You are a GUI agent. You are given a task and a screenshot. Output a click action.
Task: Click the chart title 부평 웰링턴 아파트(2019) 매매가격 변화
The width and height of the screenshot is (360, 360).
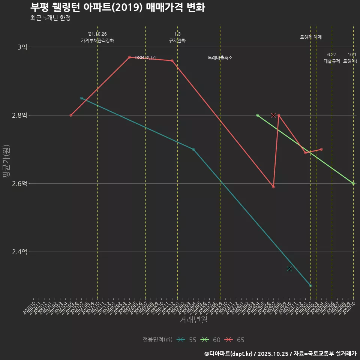(x=117, y=7)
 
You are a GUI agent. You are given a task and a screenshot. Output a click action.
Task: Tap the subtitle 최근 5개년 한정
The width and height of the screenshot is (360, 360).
(x=50, y=18)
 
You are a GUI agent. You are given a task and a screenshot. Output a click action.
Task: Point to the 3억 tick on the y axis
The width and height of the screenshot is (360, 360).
(x=22, y=47)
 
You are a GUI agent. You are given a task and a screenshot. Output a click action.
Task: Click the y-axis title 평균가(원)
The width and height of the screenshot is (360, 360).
(x=6, y=161)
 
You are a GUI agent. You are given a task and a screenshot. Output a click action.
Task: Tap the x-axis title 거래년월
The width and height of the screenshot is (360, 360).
(x=193, y=320)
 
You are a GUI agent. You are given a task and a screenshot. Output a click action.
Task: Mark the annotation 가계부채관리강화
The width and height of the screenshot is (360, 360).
(x=97, y=40)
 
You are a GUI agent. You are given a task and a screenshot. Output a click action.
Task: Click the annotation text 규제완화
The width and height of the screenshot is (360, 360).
(x=177, y=40)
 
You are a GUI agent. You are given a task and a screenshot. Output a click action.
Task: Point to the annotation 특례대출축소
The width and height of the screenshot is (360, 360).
(x=220, y=58)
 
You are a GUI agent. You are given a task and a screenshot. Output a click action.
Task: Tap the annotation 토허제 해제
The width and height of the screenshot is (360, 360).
(x=311, y=37)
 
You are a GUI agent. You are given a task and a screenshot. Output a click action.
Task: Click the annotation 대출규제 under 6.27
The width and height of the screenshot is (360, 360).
(x=332, y=61)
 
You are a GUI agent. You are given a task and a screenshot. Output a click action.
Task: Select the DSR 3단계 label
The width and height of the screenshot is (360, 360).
(x=145, y=58)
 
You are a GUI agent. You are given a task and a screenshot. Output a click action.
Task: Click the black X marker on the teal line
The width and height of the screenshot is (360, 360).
(x=289, y=268)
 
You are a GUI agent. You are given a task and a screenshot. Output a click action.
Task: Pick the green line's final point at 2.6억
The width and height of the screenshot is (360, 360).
(x=353, y=183)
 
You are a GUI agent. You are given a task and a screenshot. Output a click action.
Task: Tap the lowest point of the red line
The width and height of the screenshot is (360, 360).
(x=273, y=187)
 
